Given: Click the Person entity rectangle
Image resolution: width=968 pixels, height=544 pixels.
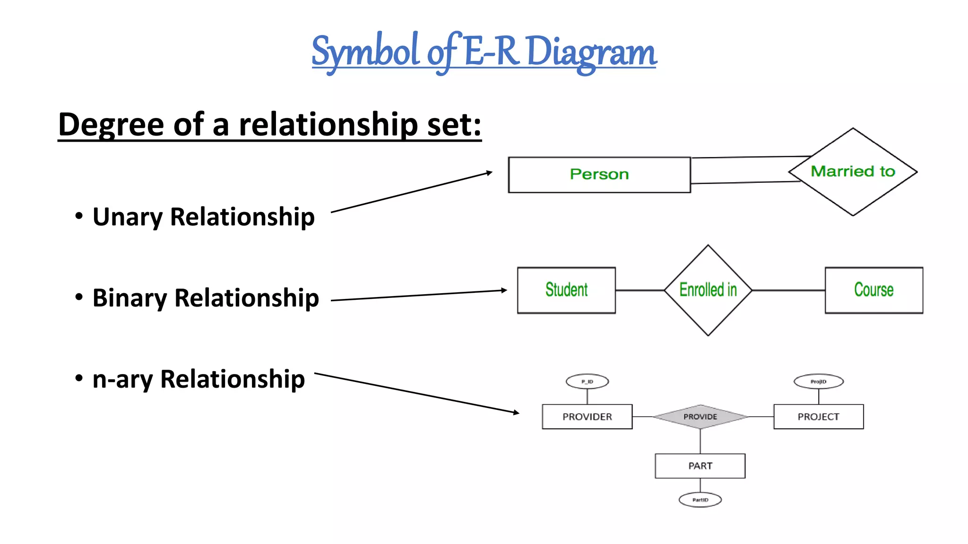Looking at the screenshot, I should click(x=599, y=175).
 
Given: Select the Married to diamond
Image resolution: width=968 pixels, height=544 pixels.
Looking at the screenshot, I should click(x=853, y=171).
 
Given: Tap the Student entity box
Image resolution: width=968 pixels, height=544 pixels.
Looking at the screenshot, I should click(x=566, y=290).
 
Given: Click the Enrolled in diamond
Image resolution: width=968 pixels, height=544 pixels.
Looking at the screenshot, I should click(x=708, y=290).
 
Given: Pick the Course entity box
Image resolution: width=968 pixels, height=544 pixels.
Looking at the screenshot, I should click(x=873, y=290).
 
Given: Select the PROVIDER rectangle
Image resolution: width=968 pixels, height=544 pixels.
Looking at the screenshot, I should click(x=587, y=416).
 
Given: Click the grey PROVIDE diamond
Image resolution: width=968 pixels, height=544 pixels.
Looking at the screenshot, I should click(x=700, y=416).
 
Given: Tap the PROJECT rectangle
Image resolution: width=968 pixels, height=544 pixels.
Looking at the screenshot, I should click(x=818, y=416).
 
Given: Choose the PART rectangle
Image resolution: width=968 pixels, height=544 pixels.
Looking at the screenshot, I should click(x=700, y=466).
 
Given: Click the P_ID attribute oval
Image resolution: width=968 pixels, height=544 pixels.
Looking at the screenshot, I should click(x=587, y=382).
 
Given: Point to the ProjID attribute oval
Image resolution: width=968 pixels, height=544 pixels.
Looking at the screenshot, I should click(x=818, y=382).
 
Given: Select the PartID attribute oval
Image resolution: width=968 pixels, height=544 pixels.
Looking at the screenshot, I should click(x=700, y=500).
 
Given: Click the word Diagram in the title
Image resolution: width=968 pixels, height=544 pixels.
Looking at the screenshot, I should click(x=591, y=52).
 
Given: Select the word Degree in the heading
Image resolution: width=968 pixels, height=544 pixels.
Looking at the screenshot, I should click(x=111, y=124).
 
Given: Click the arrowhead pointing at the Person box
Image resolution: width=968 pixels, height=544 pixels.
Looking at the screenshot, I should click(x=490, y=173).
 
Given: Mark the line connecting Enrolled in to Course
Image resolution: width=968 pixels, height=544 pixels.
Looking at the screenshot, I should click(x=788, y=290).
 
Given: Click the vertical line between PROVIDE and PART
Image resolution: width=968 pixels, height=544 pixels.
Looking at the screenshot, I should click(x=700, y=441).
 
